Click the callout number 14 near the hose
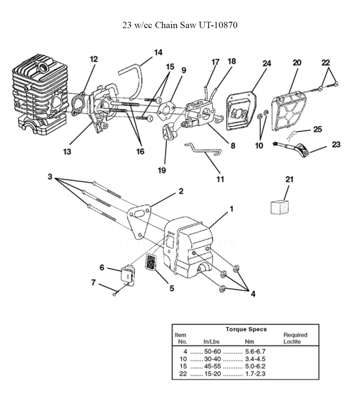click(158, 53)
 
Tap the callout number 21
click(289, 179)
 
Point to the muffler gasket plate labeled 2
click(139, 222)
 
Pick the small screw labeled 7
click(114, 294)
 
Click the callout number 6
click(102, 268)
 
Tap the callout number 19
click(162, 170)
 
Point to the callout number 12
click(94, 59)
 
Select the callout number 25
click(318, 129)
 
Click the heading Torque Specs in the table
click(246, 330)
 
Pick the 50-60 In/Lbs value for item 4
click(212, 352)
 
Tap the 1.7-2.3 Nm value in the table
click(256, 374)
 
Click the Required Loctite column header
click(295, 338)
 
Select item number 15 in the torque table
click(183, 367)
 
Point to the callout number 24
click(267, 63)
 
